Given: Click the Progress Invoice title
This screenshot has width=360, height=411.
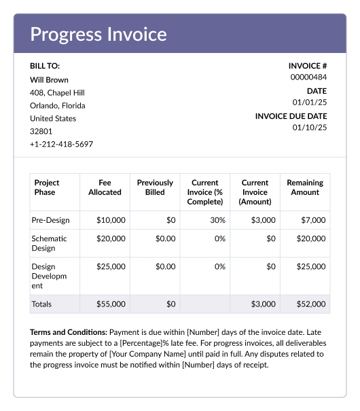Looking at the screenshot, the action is tap(98, 34).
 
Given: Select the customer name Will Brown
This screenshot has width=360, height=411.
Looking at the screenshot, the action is tap(49, 79).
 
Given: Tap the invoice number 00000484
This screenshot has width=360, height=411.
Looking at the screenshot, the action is tap(308, 77).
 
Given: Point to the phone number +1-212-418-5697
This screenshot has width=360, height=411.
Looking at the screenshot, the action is tap(61, 144).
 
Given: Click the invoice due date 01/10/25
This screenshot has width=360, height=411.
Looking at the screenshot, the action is tap(310, 127).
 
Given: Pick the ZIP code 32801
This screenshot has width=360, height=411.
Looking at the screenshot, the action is tap(41, 131).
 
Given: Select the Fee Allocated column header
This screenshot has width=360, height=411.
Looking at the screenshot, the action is tap(105, 187).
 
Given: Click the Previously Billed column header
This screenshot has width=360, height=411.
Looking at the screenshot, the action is tap(155, 187).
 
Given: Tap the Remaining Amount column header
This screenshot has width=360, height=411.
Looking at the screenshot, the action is tap(305, 187).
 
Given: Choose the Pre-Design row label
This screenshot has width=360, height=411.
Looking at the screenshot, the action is tap(50, 220).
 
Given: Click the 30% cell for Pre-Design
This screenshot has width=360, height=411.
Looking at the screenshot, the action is tap(217, 220).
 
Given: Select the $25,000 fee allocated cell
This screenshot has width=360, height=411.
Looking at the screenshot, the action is tap(111, 267).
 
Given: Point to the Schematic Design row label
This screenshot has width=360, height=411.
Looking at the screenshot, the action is tap(49, 243).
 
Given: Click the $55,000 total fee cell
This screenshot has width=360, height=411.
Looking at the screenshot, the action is tap(111, 304).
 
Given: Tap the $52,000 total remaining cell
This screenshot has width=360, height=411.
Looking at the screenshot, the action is tap(310, 304).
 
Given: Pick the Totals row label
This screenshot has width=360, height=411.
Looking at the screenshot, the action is tap(41, 304).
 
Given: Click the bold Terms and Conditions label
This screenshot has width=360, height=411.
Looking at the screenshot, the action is tap(68, 332).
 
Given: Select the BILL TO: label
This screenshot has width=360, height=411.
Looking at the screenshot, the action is tap(45, 66).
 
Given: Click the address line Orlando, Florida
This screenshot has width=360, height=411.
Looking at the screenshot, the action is tap(58, 105).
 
